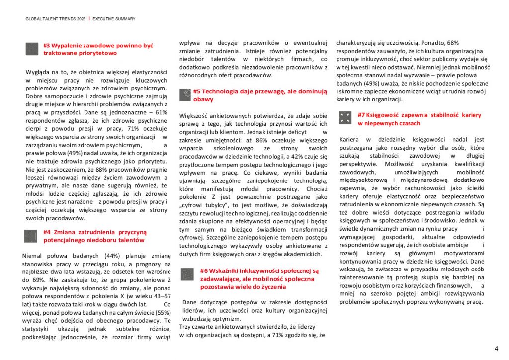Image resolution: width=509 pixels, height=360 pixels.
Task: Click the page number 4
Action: point(496,348)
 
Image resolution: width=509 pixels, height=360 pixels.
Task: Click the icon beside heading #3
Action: point(32,49)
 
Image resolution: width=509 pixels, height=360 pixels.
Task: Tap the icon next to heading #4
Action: point(31,236)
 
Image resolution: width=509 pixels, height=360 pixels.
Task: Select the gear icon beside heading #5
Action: point(185,94)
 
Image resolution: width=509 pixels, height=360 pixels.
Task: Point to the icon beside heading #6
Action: point(187,274)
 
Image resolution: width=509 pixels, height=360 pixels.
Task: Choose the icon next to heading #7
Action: point(344,118)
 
